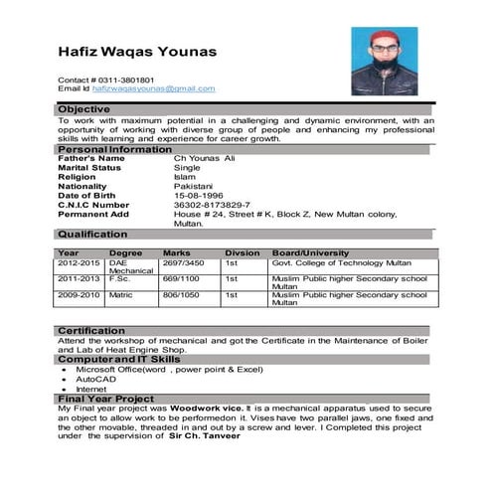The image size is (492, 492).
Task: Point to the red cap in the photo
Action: [x=382, y=37]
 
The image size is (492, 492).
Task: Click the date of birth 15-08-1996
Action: [x=199, y=195]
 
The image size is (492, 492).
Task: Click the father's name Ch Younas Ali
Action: [x=205, y=158]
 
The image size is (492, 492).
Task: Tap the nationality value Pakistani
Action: [x=195, y=186]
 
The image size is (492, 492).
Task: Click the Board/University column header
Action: [x=310, y=252]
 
